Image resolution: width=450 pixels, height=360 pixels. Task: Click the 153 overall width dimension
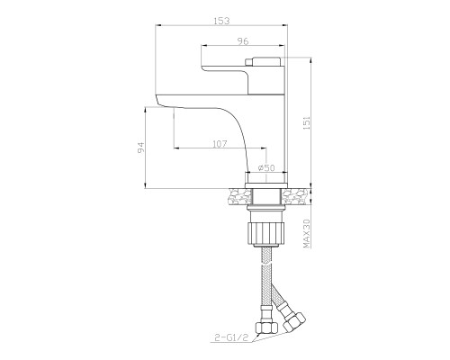pyautogui.click(x=221, y=21)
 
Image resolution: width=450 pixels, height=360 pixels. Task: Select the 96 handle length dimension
pyautogui.click(x=243, y=41)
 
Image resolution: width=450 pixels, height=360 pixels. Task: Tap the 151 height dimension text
pyautogui.click(x=307, y=123)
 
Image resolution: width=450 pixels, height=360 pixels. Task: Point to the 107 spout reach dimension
pyautogui.click(x=220, y=144)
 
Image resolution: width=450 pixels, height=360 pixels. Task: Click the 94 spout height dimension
pyautogui.click(x=141, y=148)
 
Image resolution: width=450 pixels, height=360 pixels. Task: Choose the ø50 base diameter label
pyautogui.click(x=266, y=168)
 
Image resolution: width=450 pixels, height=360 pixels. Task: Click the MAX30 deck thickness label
pyautogui.click(x=307, y=233)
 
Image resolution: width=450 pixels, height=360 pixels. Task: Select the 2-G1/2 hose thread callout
pyautogui.click(x=232, y=338)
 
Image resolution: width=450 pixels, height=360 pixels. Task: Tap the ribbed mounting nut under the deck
pyautogui.click(x=265, y=234)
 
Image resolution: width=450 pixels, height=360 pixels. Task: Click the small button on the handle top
pyautogui.click(x=248, y=62)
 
